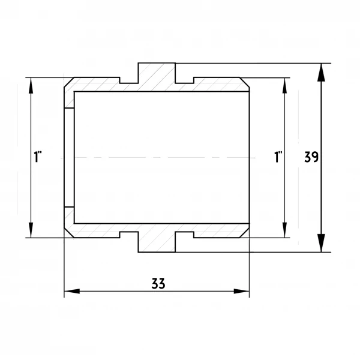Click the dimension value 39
(x=311, y=157)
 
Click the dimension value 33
(x=158, y=284)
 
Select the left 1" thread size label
(x=38, y=157)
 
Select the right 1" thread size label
(x=278, y=157)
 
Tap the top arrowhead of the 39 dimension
(x=321, y=73)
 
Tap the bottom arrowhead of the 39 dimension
(x=321, y=243)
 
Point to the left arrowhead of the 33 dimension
(x=72, y=291)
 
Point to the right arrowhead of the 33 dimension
(x=241, y=291)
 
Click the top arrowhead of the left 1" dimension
(x=31, y=85)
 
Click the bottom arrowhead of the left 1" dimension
(x=31, y=230)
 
